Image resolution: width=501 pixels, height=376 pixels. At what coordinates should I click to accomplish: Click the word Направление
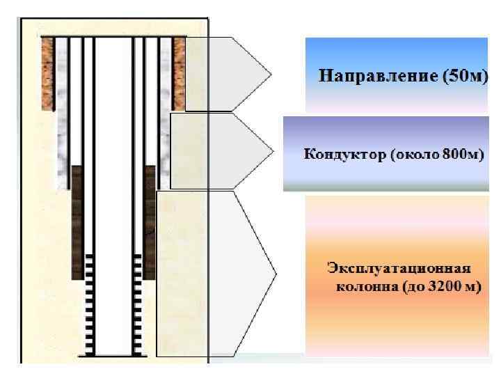369,75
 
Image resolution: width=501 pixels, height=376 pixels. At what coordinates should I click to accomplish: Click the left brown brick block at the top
47,73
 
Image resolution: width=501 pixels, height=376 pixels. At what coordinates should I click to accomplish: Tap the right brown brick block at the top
179,73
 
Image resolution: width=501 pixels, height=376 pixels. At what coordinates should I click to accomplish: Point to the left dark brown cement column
77,223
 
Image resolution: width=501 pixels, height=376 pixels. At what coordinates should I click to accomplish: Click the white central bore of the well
113,195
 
